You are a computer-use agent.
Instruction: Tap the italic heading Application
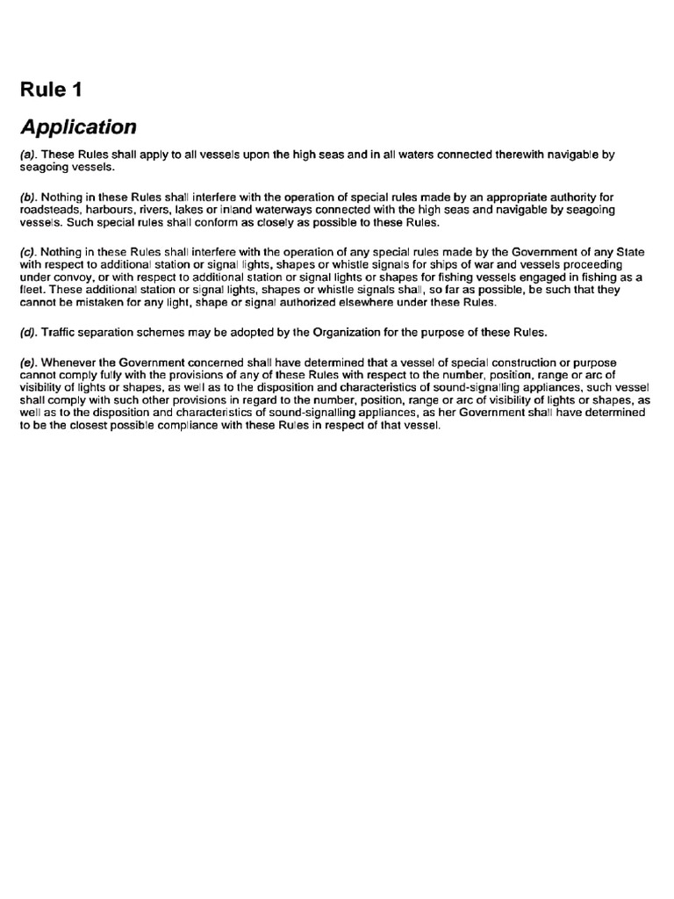coord(78,127)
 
